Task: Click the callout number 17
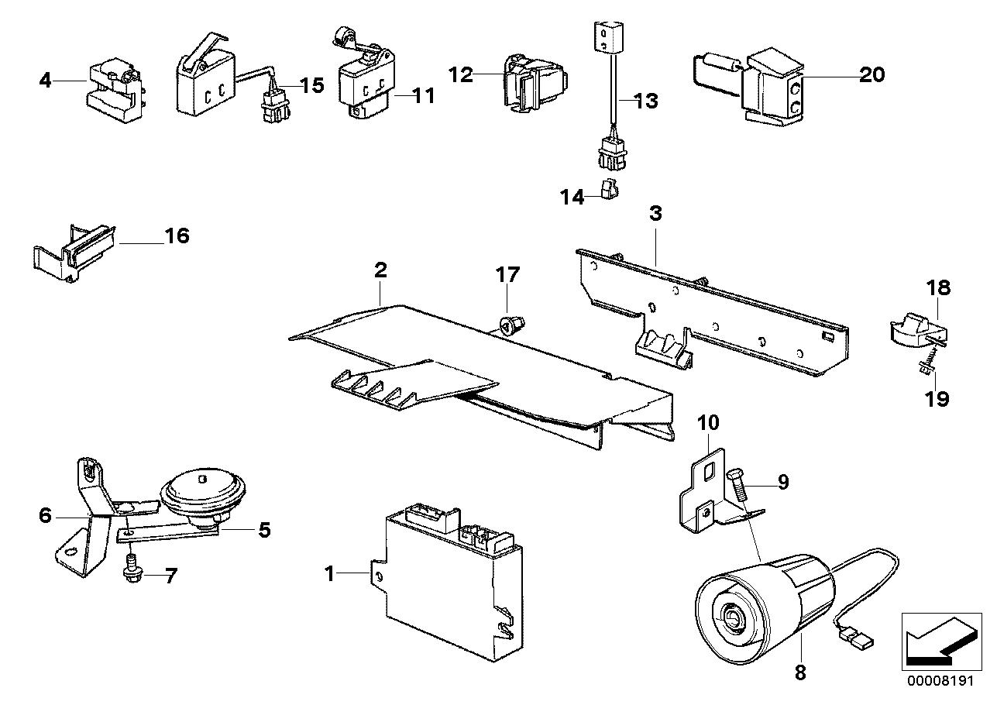[x=508, y=274]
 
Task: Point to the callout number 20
[x=872, y=74]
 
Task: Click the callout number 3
[x=655, y=214]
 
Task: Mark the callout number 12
[x=460, y=74]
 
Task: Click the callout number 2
[x=380, y=270]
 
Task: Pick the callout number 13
[x=646, y=101]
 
